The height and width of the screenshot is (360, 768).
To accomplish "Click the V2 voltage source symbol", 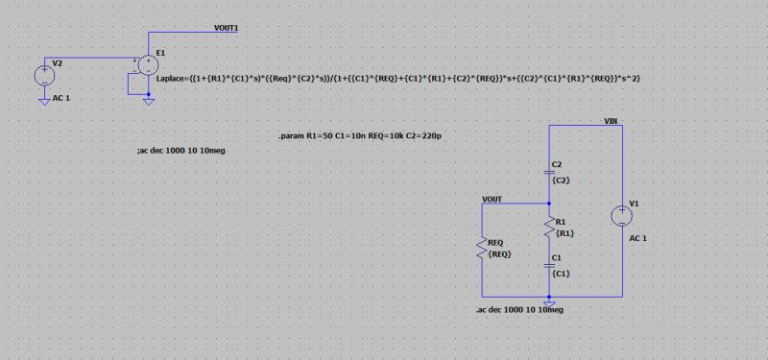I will click(x=44, y=74).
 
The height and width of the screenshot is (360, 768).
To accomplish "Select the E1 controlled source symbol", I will click(x=149, y=65).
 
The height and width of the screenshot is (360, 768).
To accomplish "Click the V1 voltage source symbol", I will click(x=621, y=214).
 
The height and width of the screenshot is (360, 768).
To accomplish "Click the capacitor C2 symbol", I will click(x=549, y=167).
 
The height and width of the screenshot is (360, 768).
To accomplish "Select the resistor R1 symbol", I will click(x=549, y=228).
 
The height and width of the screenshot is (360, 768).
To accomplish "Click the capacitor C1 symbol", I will click(x=549, y=262).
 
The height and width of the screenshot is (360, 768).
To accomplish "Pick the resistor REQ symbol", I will click(x=481, y=250).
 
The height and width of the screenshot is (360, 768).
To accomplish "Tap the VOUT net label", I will click(x=492, y=200).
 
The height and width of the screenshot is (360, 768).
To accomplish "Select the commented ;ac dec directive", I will click(x=182, y=152).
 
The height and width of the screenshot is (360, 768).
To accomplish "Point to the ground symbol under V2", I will click(x=44, y=96).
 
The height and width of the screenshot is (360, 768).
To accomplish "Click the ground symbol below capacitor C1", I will click(x=549, y=301).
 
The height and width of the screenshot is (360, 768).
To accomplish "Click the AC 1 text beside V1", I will click(x=638, y=237).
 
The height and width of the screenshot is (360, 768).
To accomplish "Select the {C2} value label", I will click(x=563, y=180).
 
